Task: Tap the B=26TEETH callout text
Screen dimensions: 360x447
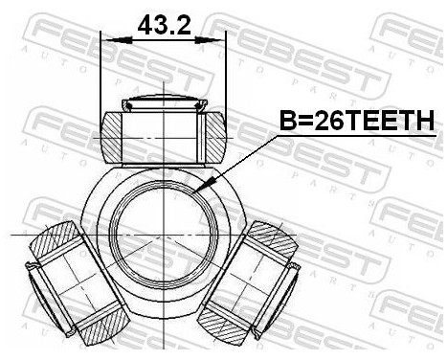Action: pos(356,121)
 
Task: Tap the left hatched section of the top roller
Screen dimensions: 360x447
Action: pos(115,133)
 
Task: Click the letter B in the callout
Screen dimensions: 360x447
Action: pos(285,121)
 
